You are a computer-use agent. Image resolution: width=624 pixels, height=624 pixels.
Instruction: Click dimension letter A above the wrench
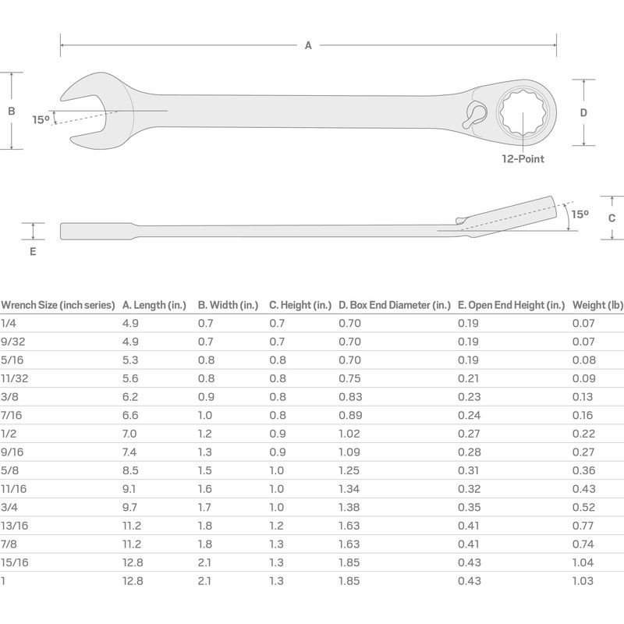click(x=308, y=46)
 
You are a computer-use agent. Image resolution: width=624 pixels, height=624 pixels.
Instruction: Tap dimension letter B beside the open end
click(x=12, y=112)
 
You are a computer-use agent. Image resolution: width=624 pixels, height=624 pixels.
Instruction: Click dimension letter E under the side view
click(x=32, y=252)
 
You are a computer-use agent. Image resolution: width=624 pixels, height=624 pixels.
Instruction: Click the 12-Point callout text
click(x=523, y=159)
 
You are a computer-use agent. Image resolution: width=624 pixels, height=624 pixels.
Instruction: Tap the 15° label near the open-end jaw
click(x=41, y=119)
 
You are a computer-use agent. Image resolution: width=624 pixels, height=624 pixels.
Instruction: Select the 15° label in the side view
click(x=580, y=213)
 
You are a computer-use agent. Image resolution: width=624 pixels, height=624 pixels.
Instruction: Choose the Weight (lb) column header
click(x=598, y=305)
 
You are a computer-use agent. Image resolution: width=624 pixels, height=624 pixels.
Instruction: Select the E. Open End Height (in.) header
click(x=510, y=305)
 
